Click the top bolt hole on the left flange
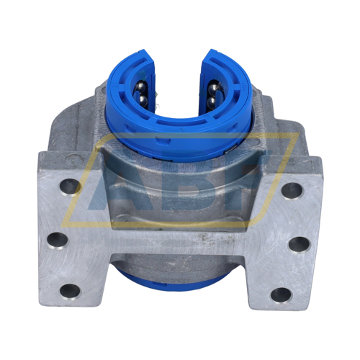(x=69, y=186)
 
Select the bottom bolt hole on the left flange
(x=70, y=291)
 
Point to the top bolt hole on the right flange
(x=291, y=190)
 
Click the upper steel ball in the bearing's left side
(x=141, y=91)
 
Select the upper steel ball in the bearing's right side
(x=213, y=91)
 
